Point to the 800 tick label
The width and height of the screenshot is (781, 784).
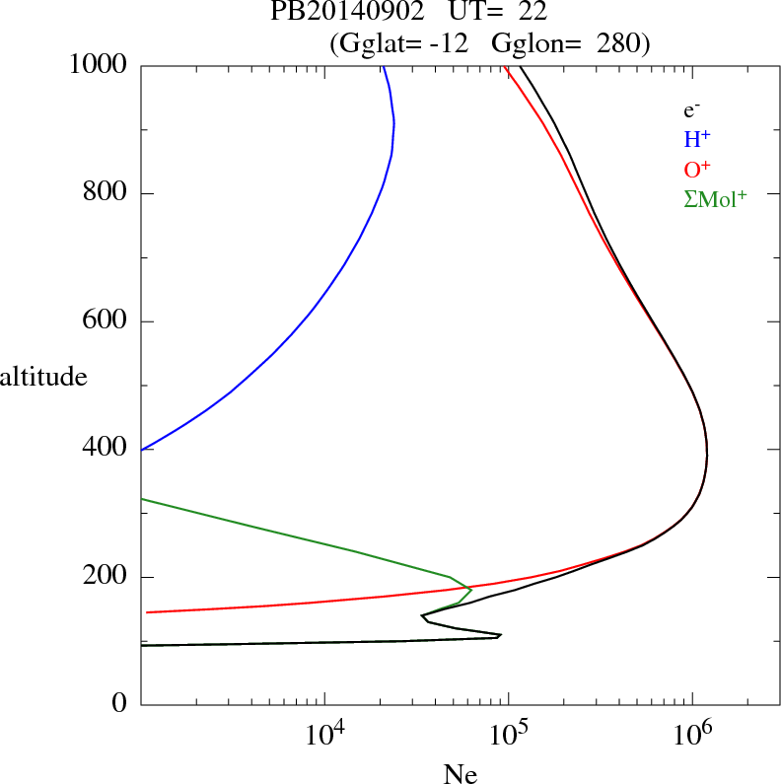[106, 193]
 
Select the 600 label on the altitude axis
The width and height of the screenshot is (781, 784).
[106, 321]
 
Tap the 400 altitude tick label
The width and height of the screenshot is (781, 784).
[106, 449]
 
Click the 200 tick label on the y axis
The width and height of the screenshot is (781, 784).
[106, 577]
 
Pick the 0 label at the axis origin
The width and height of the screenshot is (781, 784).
[120, 704]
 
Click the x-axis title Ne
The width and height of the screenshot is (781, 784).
[460, 774]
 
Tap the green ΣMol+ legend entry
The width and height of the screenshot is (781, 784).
[715, 198]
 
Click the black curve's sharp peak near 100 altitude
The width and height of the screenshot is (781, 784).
[501, 635]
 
